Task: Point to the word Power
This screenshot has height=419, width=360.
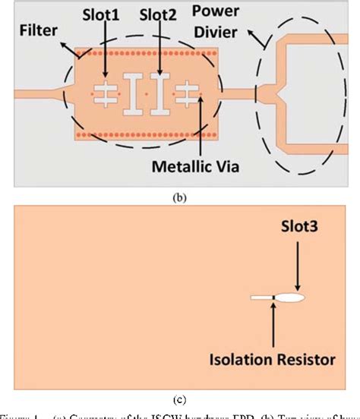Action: pyautogui.click(x=216, y=13)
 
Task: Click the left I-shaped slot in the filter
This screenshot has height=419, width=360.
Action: pyautogui.click(x=134, y=93)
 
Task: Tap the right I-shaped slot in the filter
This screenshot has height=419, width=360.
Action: pyautogui.click(x=159, y=93)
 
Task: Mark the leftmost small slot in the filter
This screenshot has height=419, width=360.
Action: pyautogui.click(x=109, y=93)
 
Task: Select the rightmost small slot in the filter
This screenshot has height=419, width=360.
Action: pyautogui.click(x=185, y=93)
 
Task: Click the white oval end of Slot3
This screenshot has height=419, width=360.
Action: pyautogui.click(x=291, y=298)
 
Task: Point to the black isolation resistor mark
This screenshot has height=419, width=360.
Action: pyautogui.click(x=272, y=298)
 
